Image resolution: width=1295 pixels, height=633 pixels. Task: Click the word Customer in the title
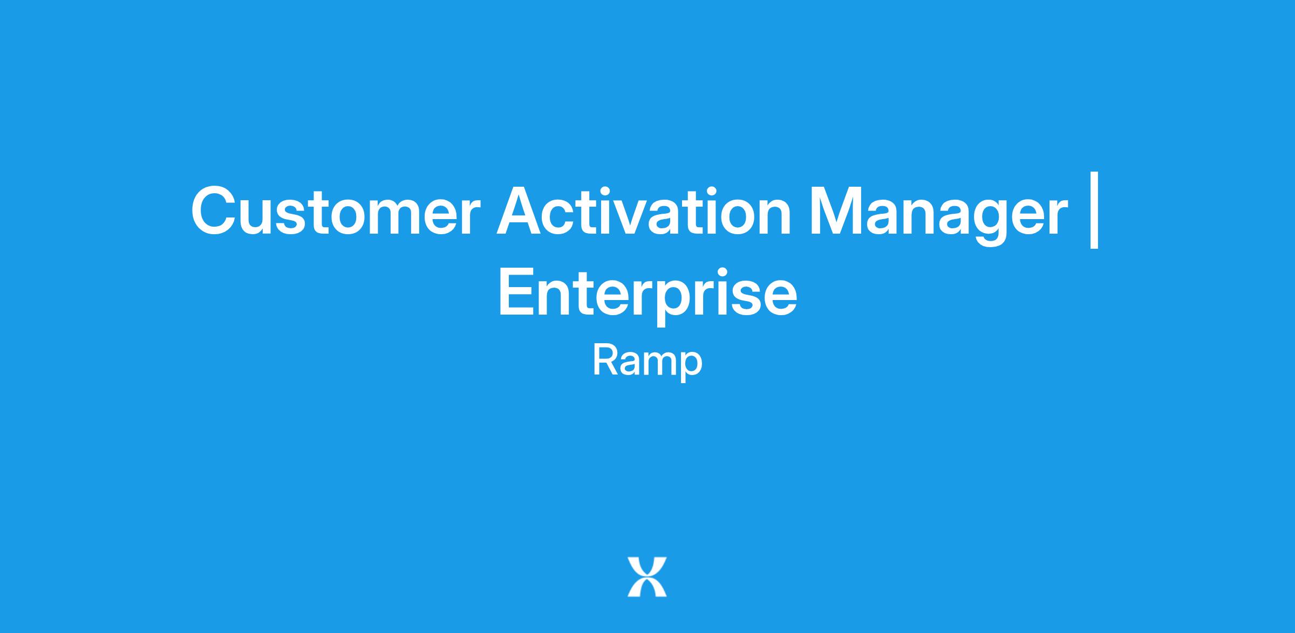pyautogui.click(x=335, y=211)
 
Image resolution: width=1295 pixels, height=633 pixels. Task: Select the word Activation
pyautogui.click(x=644, y=210)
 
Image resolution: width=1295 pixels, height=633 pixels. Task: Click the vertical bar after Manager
pyautogui.click(x=1094, y=210)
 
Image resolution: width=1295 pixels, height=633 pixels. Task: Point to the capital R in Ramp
pyautogui.click(x=605, y=360)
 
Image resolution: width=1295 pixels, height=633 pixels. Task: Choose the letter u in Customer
pyautogui.click(x=264, y=217)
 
